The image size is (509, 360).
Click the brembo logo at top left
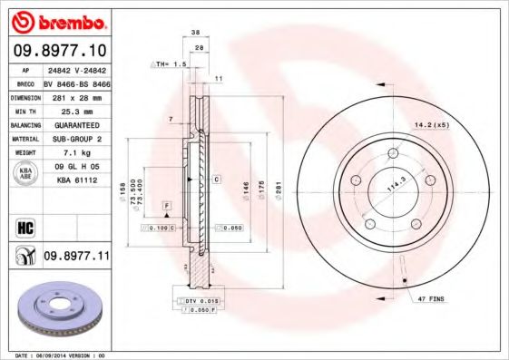click(x=58, y=21)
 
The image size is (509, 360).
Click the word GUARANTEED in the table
click(x=75, y=124)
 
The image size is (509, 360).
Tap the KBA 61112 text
click(x=75, y=180)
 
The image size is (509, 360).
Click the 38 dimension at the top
click(x=196, y=31)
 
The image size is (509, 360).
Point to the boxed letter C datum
click(x=217, y=180)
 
